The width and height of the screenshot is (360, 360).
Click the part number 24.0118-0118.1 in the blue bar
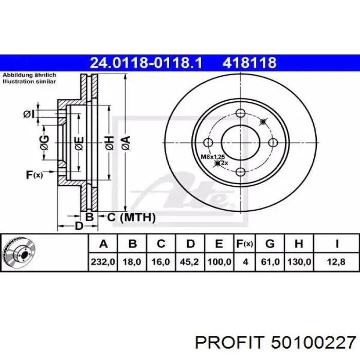pyautogui.click(x=146, y=62)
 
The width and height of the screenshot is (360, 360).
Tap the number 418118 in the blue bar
pyautogui.click(x=249, y=62)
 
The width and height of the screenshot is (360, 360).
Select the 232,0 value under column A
pyautogui.click(x=103, y=262)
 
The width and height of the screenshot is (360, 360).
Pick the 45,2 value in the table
pyautogui.click(x=189, y=262)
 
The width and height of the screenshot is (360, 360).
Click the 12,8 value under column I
pyautogui.click(x=336, y=262)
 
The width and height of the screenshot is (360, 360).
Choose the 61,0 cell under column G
pyautogui.click(x=270, y=262)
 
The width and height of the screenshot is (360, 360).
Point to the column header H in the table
pyautogui.click(x=299, y=244)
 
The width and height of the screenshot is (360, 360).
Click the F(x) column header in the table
pyautogui.click(x=245, y=244)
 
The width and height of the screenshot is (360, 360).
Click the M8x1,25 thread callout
pyautogui.click(x=213, y=157)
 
